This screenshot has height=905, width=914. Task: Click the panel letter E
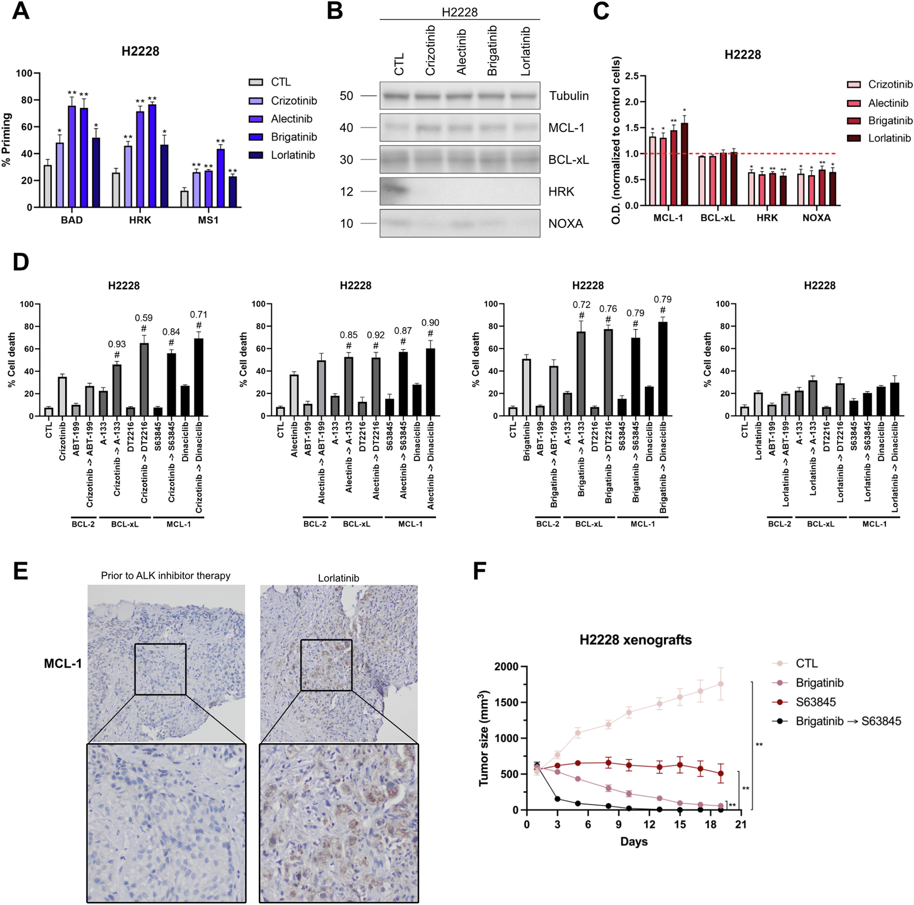click(x=20, y=571)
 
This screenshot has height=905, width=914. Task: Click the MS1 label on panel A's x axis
click(x=208, y=220)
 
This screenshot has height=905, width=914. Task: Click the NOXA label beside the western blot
click(x=566, y=224)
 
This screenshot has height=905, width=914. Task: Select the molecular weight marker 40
click(x=346, y=128)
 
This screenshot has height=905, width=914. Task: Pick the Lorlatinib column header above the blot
click(x=525, y=51)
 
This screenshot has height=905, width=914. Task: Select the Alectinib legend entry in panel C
click(x=888, y=103)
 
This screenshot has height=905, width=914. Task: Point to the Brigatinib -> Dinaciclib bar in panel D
click(x=663, y=369)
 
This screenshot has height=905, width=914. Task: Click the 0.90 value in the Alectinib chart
click(x=430, y=322)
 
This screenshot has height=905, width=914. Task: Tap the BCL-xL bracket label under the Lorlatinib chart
click(x=821, y=524)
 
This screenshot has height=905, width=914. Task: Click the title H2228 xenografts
click(x=635, y=640)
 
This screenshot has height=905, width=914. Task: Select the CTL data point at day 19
click(x=721, y=684)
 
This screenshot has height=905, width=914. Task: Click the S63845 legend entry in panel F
click(x=815, y=702)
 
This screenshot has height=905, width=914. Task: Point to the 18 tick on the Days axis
click(x=710, y=824)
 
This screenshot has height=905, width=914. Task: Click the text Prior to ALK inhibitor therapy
click(x=166, y=576)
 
